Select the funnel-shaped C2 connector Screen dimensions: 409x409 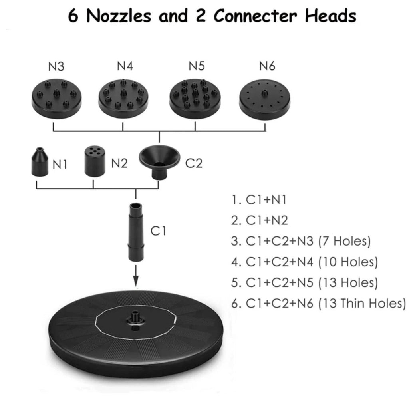point(159,161)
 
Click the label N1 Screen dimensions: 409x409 point(60,164)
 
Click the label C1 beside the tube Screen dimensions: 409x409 point(158,231)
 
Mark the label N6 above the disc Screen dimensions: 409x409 point(267,66)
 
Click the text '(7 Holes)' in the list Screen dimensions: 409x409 point(345,241)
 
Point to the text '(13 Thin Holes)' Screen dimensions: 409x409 point(362,303)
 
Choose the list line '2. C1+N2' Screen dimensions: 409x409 point(260,220)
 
